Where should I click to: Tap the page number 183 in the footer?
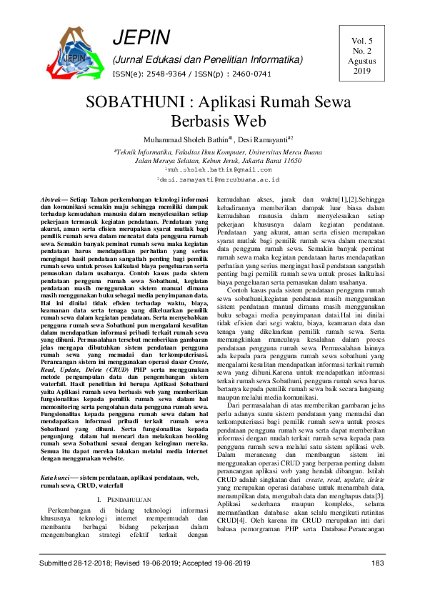point(378,583)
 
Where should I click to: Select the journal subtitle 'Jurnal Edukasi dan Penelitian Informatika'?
point(207,59)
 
